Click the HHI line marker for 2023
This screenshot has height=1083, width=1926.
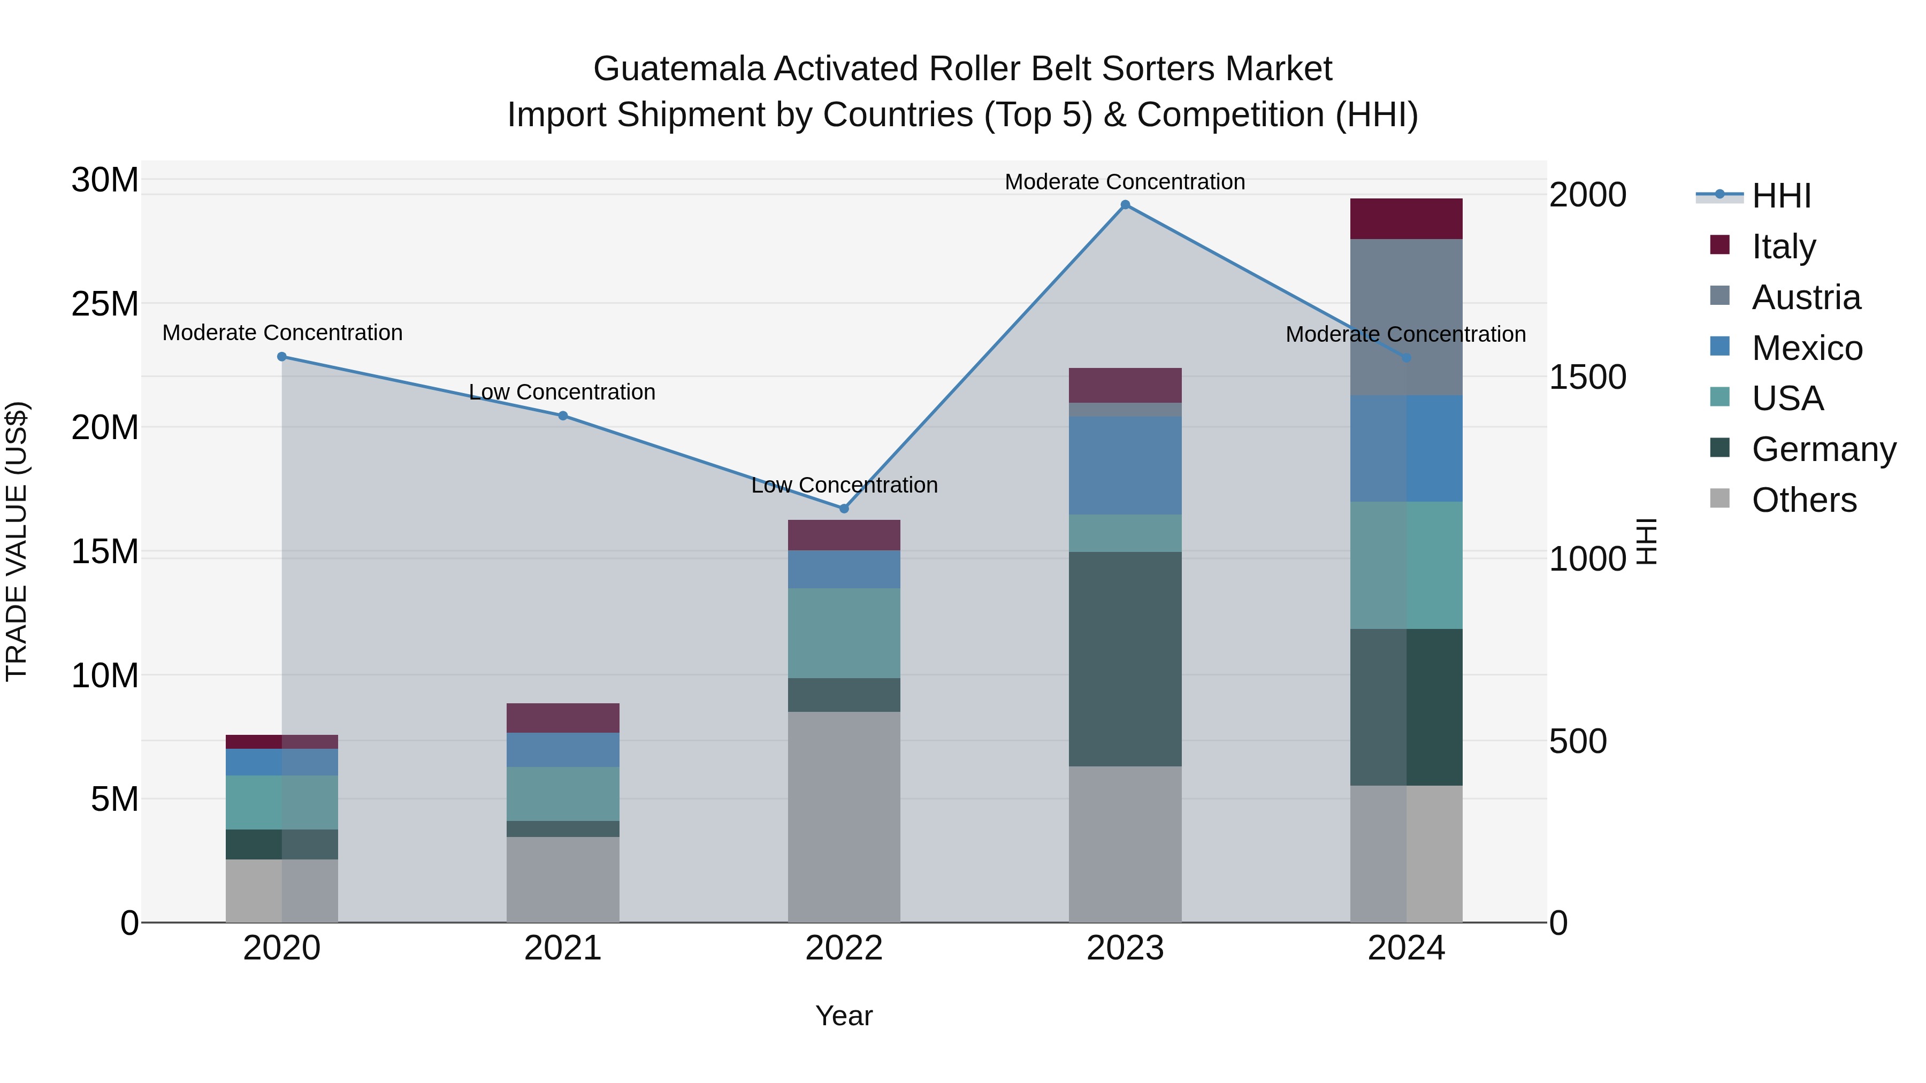tap(1125, 205)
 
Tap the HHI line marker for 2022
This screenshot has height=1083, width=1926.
tap(844, 508)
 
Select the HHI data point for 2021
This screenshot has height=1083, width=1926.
tap(563, 416)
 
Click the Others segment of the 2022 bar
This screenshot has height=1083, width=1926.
tap(844, 816)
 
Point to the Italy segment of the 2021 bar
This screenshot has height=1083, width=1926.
tap(563, 718)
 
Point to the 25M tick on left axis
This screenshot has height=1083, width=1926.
tap(105, 304)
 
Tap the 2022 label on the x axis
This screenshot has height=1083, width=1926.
tap(844, 948)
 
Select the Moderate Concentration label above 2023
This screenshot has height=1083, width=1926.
tap(1125, 182)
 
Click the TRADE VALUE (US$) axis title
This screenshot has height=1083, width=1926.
tap(17, 541)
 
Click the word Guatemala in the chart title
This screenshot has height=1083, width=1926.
tap(679, 69)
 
